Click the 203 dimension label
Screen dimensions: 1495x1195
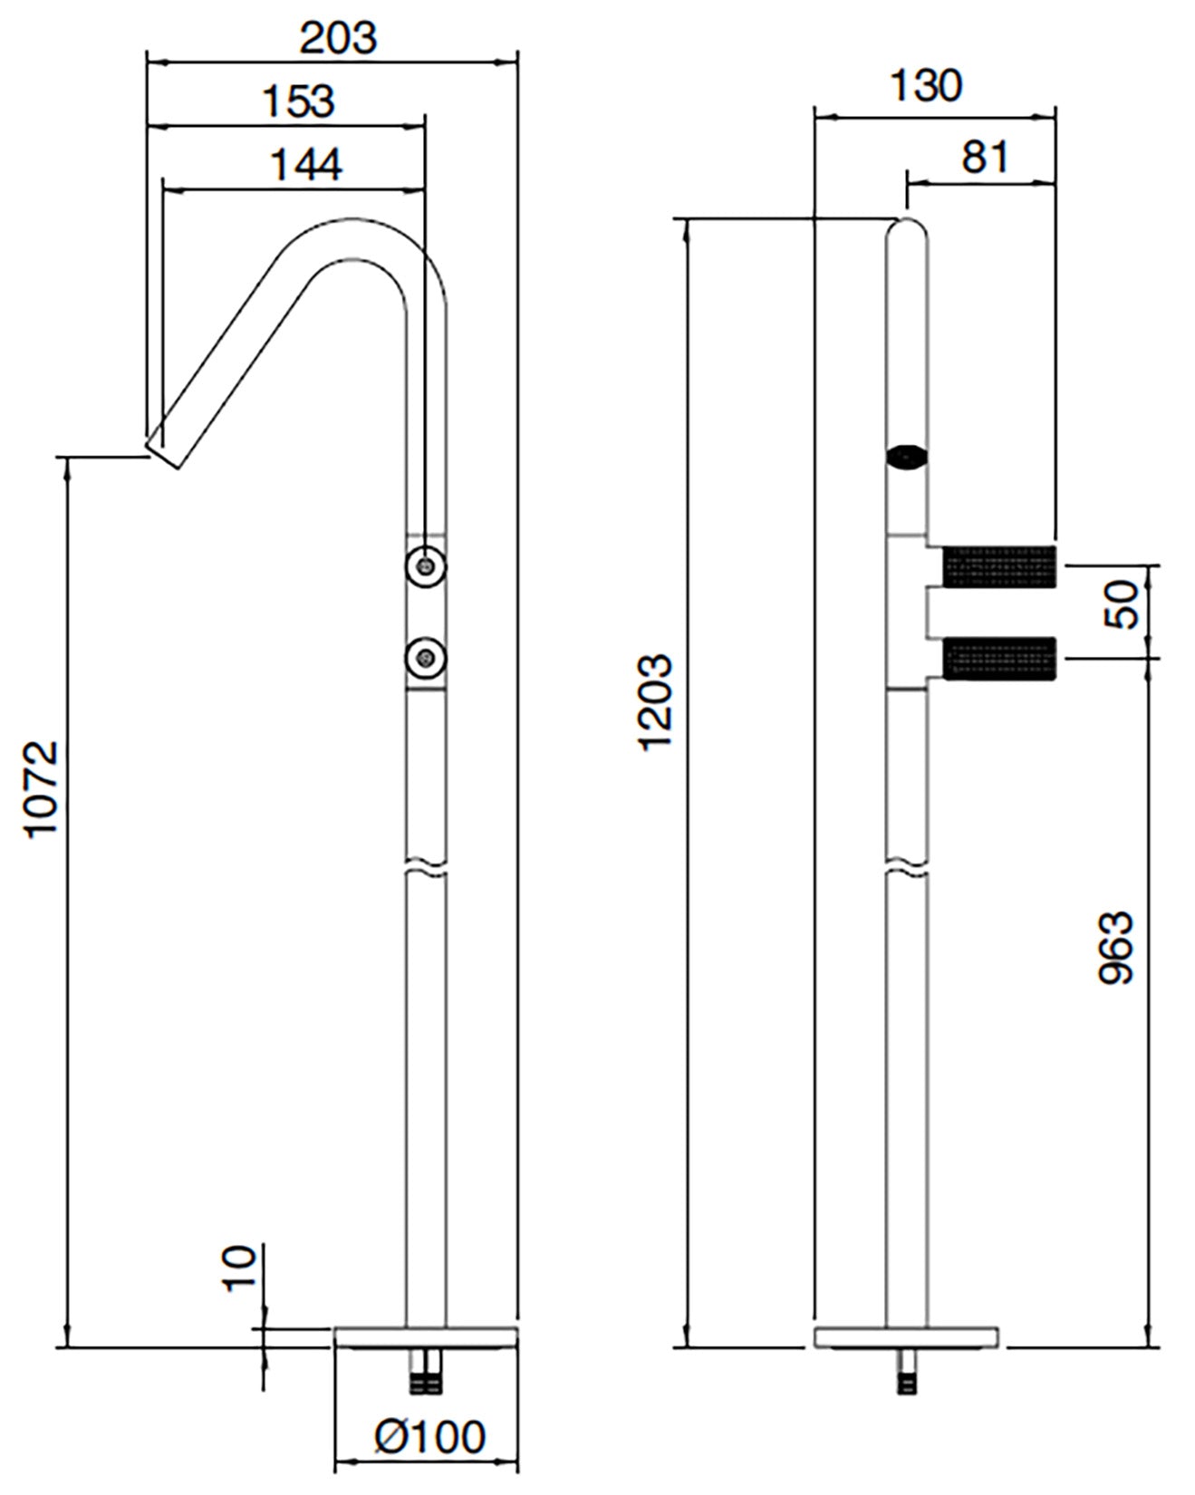point(337,37)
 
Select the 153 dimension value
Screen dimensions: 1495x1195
point(298,101)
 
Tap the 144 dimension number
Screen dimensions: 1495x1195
point(306,165)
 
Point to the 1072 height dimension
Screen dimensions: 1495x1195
point(41,789)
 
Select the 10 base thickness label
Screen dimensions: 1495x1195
point(239,1268)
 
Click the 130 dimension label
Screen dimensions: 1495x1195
point(925,86)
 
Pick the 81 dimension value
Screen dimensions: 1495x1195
point(985,157)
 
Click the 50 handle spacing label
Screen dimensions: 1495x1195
point(1121,604)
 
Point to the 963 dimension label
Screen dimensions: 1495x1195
point(1115,948)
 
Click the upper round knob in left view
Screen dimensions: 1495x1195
point(425,566)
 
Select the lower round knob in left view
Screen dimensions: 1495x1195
point(425,657)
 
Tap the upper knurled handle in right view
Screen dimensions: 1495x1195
point(1000,566)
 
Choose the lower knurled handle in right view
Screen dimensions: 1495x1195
point(1000,659)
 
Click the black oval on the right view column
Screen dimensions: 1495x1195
point(907,458)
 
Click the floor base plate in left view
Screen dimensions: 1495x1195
point(426,1337)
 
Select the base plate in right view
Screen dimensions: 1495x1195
point(906,1337)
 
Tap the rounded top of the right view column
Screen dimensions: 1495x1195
point(907,231)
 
